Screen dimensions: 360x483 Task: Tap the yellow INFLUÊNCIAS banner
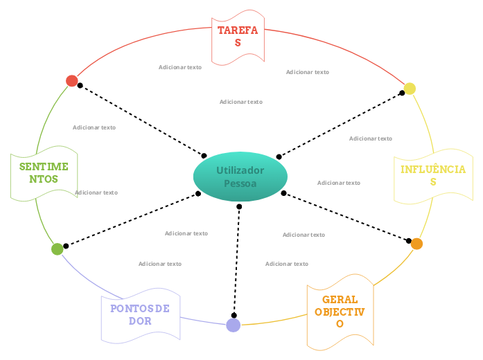point(433,176)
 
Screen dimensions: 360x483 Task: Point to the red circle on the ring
point(72,81)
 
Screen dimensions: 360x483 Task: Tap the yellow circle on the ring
point(410,89)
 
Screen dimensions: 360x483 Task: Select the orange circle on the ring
point(416,244)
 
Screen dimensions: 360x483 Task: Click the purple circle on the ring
point(234,325)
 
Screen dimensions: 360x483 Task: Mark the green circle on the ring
point(58,249)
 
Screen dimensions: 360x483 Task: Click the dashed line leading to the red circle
point(142,120)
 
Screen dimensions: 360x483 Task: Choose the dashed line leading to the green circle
point(132,219)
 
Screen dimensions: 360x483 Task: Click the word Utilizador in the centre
point(240,170)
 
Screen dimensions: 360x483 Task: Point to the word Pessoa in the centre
point(240,183)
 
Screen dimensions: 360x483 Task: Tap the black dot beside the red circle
point(80,86)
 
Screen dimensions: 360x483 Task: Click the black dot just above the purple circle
point(234,315)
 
